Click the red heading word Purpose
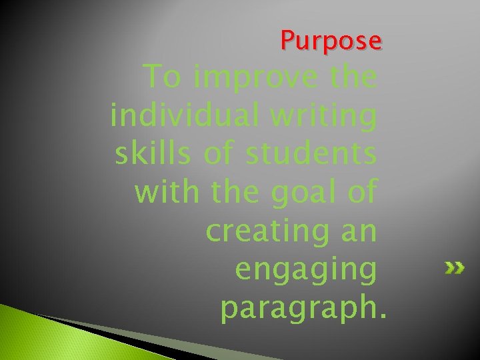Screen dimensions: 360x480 coord(331,41)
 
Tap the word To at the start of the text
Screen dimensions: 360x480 coord(162,78)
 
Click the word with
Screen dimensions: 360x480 coord(166,192)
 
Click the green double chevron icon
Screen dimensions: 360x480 coord(455,269)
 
